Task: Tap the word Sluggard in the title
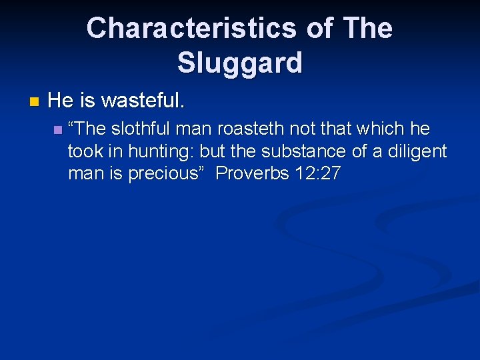click(240, 63)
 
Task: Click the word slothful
click(143, 129)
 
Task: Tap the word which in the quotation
click(382, 129)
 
